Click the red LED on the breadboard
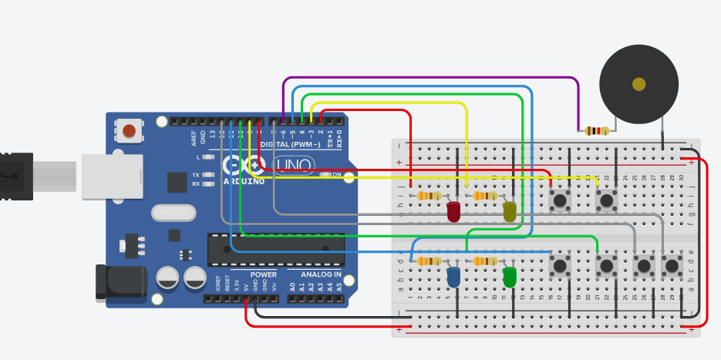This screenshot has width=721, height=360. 453,210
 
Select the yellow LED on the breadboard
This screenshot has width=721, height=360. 509,211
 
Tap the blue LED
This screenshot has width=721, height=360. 453,276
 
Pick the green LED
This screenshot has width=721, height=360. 509,276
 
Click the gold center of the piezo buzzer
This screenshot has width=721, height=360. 638,84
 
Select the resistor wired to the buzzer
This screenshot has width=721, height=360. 596,130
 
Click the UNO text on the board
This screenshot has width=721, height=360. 295,165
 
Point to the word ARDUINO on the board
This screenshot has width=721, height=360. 244,182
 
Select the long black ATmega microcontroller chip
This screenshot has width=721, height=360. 275,250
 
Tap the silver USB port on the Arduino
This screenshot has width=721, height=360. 112,177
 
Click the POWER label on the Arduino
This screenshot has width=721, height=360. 264,274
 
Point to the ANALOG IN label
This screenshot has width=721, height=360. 315,274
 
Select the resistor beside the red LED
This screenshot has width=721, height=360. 428,196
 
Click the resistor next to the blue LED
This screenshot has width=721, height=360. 428,261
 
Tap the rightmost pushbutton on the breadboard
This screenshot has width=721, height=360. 672,266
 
